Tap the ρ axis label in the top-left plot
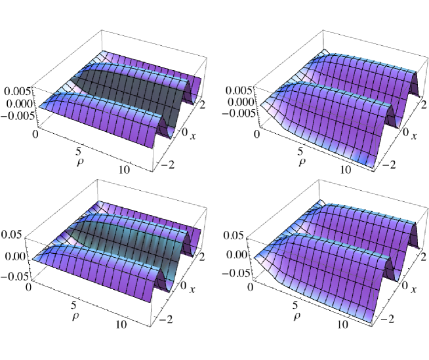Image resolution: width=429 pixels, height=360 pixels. click(80, 163)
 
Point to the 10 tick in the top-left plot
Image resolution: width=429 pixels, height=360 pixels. click(124, 170)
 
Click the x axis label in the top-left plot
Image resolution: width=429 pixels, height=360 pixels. click(193, 136)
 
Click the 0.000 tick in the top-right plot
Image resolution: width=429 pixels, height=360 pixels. click(242, 102)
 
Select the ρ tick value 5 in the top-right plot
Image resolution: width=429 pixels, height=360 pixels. click(300, 151)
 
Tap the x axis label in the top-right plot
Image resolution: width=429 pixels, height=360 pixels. click(414, 136)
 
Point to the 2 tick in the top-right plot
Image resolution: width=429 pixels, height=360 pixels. click(424, 105)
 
